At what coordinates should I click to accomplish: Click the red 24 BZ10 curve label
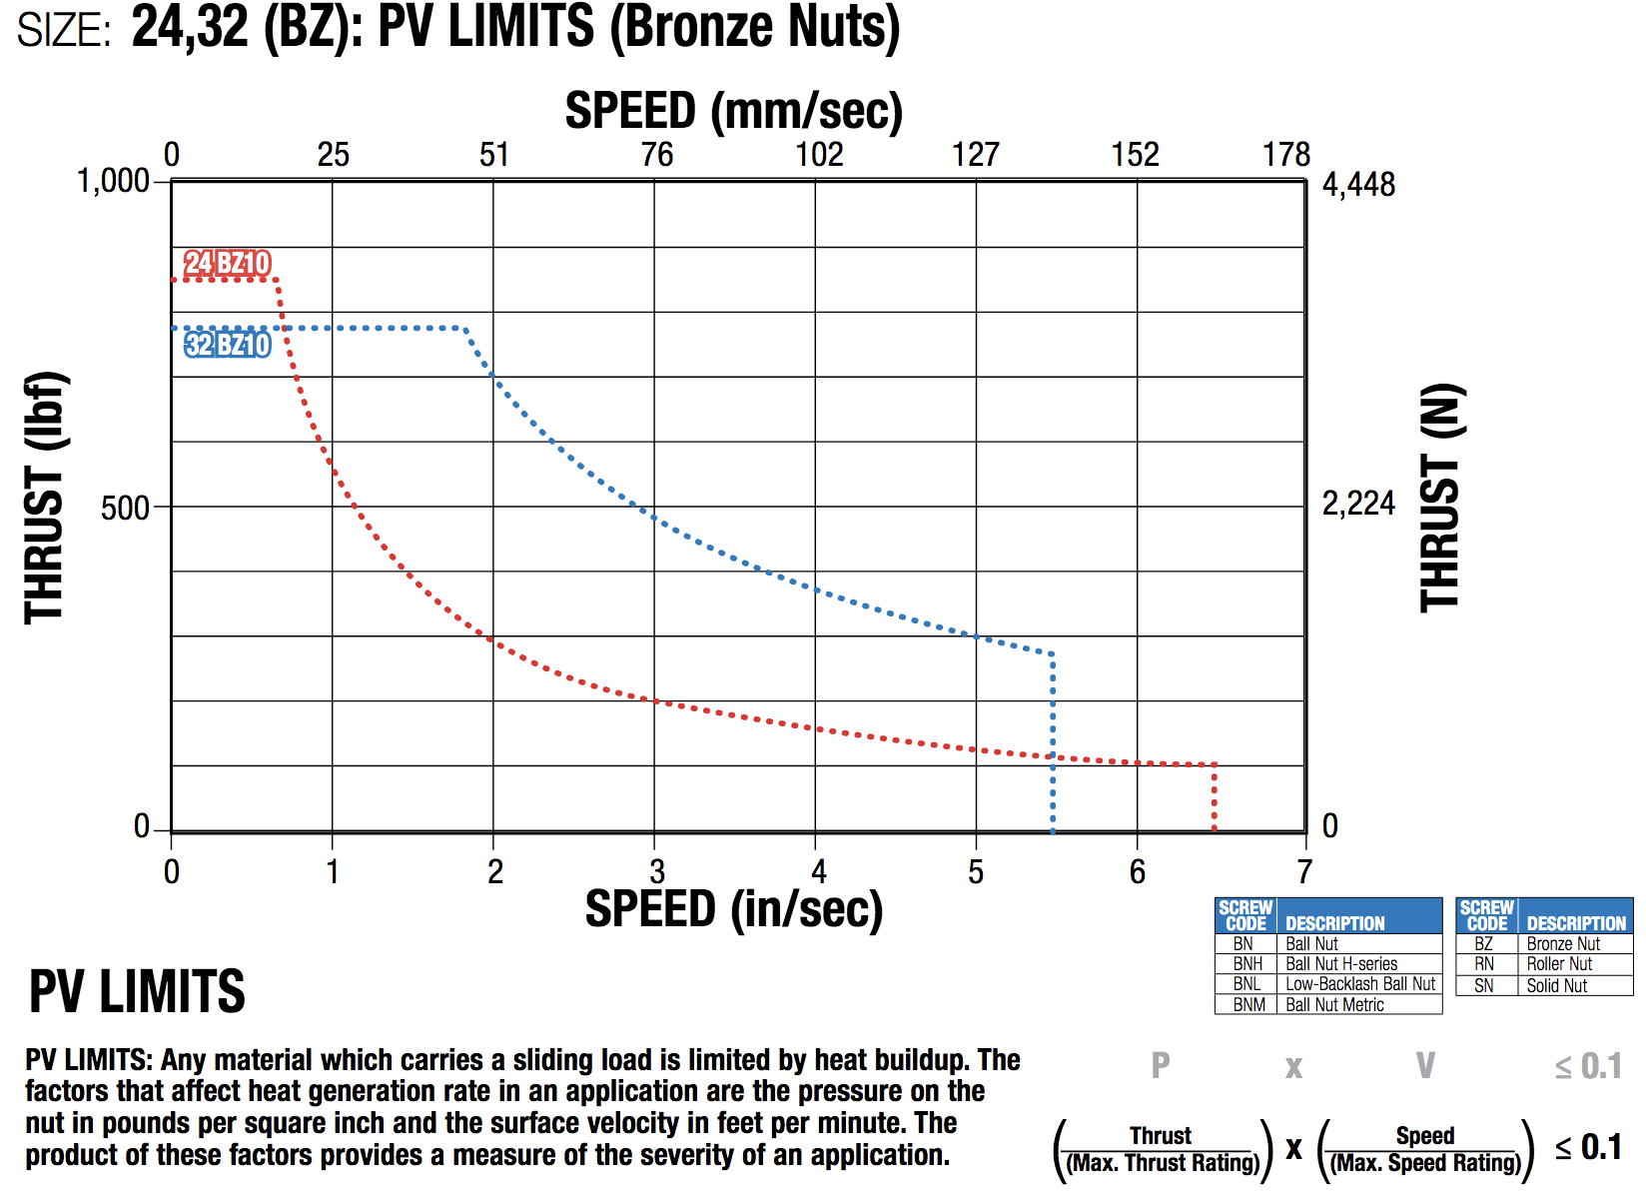(228, 263)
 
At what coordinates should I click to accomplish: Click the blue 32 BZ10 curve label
(228, 345)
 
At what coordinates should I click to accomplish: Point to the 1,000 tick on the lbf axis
(113, 181)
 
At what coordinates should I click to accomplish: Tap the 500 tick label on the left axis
(125, 508)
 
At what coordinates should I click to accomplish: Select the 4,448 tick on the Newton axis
(1358, 185)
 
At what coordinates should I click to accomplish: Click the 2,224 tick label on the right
(1358, 504)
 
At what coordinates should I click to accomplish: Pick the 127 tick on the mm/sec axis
(975, 155)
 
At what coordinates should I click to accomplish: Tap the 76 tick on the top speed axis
(656, 155)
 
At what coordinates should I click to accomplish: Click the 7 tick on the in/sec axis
(1304, 872)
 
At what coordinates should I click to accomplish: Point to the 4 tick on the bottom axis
(818, 872)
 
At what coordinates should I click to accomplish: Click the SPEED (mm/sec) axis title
(734, 110)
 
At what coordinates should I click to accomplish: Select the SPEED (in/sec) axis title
(734, 909)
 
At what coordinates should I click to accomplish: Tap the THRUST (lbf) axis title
(45, 498)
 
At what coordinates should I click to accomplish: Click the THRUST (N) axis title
(1440, 498)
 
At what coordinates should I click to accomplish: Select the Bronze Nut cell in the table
(1563, 944)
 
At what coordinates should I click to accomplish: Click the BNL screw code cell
(1246, 984)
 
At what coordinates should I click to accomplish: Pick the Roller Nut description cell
(1559, 964)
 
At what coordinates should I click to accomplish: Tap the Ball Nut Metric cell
(1334, 1005)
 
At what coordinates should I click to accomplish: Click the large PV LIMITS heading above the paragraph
(137, 991)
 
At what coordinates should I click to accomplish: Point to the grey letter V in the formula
(1425, 1066)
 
